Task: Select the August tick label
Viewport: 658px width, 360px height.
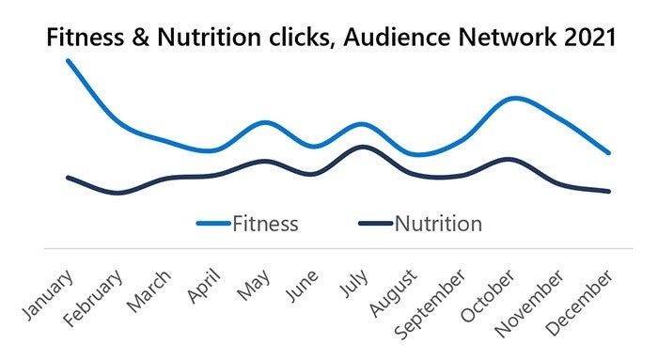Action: click(x=399, y=293)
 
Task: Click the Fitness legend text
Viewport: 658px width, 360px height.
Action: click(x=265, y=224)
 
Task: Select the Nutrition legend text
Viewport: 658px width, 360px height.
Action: click(x=438, y=224)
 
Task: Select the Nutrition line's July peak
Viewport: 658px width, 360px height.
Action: click(x=362, y=147)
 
